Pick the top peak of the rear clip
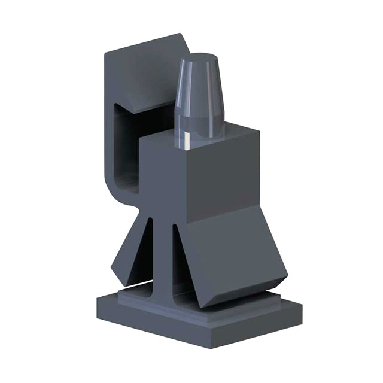pyautogui.click(x=180, y=37)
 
